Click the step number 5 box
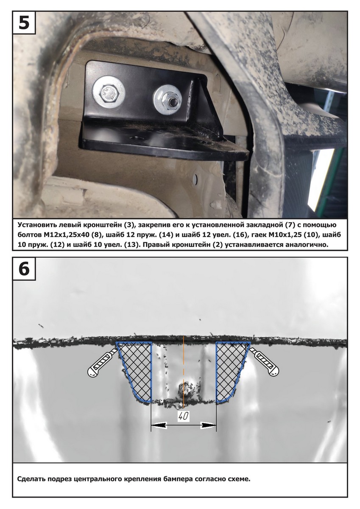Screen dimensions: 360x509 [24, 22]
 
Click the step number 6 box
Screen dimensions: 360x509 [24, 269]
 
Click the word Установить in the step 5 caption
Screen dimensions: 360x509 [36, 225]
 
